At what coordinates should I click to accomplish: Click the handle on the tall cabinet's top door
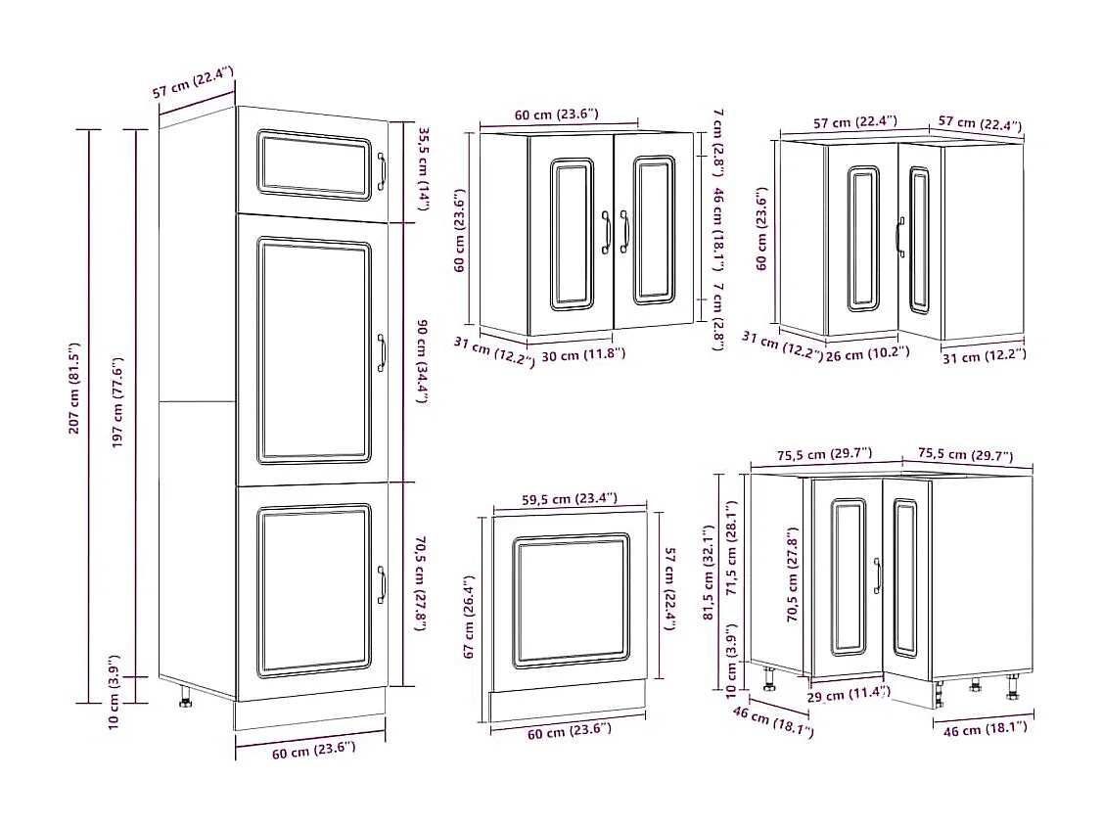[x=382, y=171]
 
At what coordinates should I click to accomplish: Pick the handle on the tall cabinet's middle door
[x=382, y=352]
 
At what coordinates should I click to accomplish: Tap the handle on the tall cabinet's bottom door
[x=382, y=584]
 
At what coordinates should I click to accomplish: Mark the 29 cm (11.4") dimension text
[x=849, y=694]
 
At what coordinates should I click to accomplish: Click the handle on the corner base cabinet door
[x=877, y=575]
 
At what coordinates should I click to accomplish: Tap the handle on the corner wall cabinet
[x=898, y=236]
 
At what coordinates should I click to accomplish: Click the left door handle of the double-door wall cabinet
[x=607, y=231]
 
